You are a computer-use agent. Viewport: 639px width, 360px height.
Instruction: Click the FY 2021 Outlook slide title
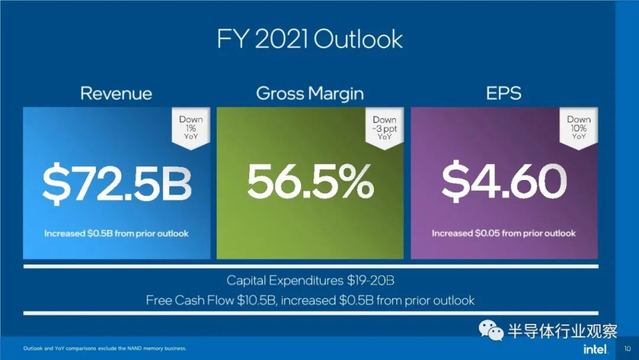point(309,39)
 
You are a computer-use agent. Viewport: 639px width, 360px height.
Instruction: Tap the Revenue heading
point(116,94)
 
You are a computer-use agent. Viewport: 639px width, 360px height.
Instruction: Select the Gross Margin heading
point(309,94)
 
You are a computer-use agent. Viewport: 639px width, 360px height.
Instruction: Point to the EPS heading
point(504,94)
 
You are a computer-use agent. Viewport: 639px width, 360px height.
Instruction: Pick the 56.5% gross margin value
point(310,181)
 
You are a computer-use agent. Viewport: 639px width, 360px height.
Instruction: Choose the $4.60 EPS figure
point(504,181)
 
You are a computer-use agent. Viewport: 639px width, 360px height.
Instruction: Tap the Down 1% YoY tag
point(191,128)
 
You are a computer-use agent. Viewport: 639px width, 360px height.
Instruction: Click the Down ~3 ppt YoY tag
point(385,128)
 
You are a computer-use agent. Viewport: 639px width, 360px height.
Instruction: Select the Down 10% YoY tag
point(579,128)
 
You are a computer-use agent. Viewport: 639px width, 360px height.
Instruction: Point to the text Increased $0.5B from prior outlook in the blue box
point(117,234)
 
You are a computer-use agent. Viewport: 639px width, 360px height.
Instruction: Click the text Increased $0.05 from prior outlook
point(504,233)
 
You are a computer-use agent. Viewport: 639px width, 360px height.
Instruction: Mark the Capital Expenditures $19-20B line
point(310,281)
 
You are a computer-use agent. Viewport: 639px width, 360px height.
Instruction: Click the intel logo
point(595,349)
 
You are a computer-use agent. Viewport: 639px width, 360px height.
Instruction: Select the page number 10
point(627,349)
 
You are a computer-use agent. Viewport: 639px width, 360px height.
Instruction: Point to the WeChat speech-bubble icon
point(491,330)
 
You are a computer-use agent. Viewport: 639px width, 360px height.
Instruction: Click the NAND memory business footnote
point(105,349)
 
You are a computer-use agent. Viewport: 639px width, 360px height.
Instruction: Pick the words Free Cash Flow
point(190,300)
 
